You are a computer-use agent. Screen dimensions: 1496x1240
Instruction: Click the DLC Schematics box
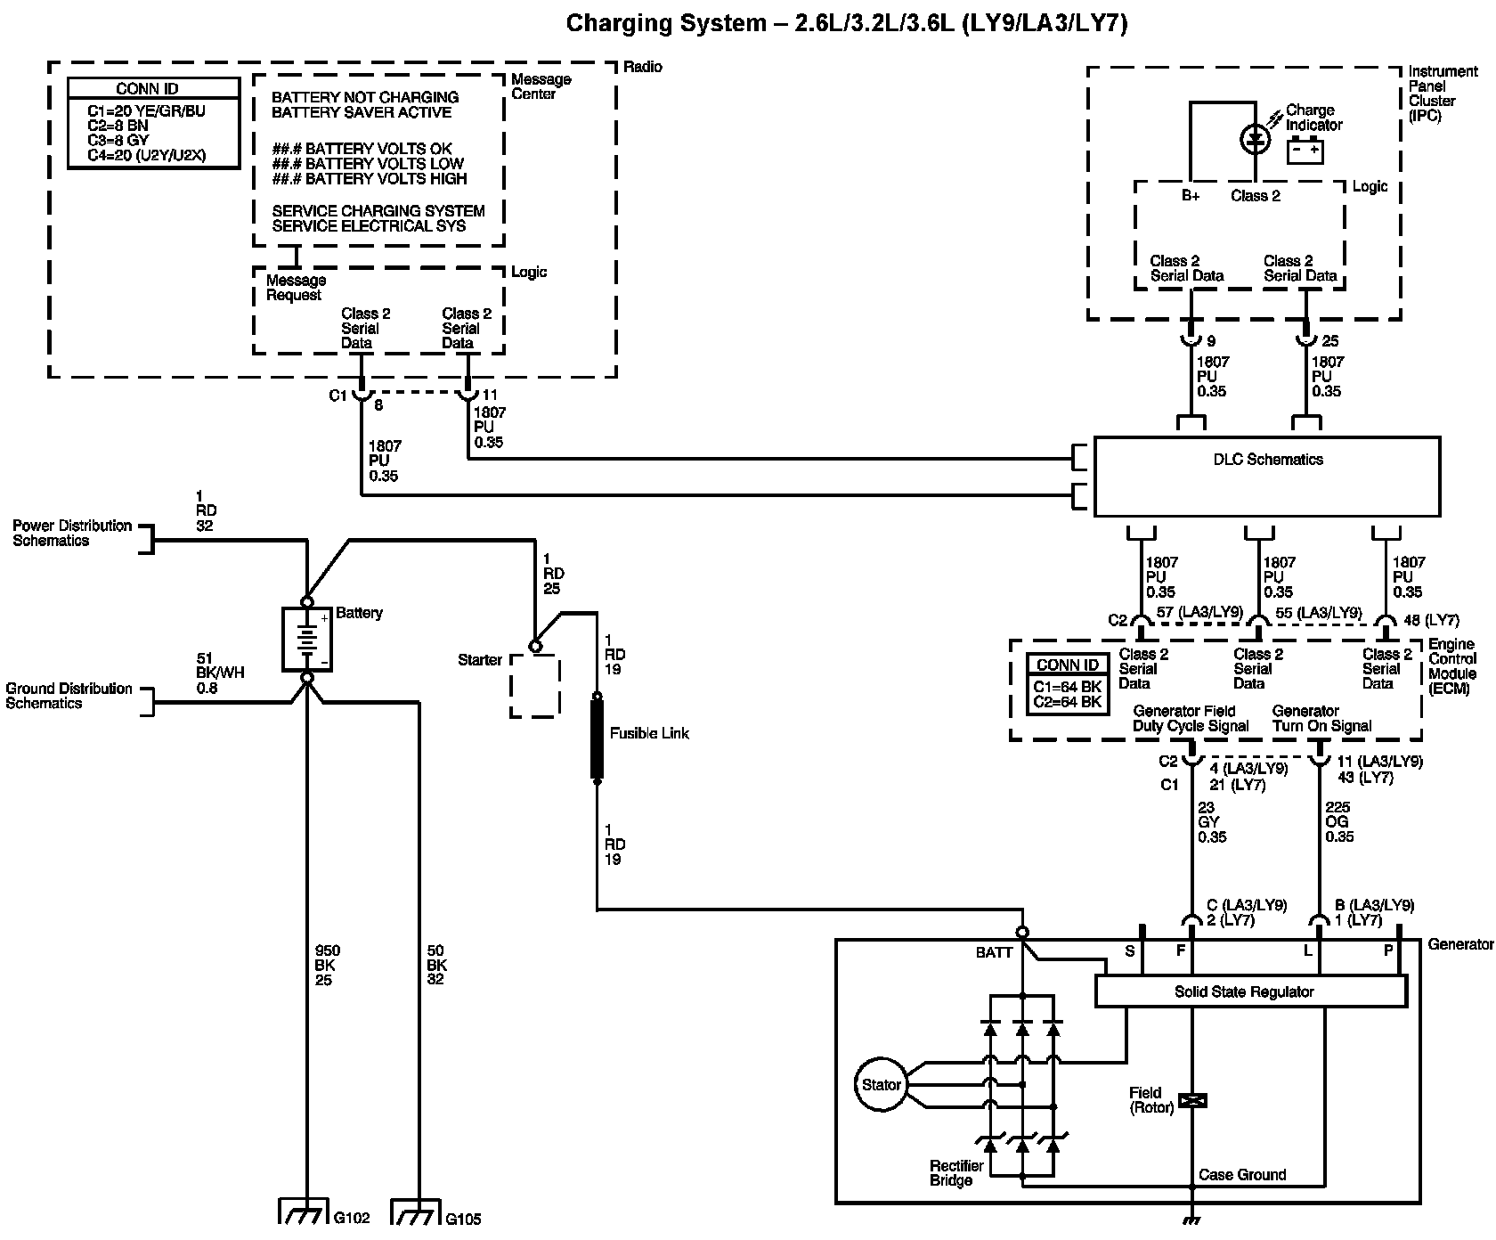1266,477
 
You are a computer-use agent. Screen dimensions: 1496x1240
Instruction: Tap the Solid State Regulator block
1250,991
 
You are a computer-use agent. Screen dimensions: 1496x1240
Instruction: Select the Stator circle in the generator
882,1084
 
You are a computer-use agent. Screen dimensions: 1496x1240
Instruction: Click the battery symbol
307,639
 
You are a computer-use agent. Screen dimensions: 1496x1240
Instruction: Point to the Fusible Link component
597,739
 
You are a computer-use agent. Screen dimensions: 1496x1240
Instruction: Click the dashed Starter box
534,686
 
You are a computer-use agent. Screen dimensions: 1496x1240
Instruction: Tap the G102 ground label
352,1218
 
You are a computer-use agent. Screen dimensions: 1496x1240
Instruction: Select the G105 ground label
463,1219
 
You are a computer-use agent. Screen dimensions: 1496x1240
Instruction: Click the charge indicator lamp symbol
1256,138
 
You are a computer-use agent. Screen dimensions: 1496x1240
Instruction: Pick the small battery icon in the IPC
1305,151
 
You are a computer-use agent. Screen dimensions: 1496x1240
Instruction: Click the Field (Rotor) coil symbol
1191,1101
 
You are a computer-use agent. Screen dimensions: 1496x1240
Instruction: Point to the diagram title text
847,23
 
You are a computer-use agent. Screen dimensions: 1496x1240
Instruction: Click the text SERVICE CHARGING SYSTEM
378,211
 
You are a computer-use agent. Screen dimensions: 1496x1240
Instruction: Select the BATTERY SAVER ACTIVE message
362,112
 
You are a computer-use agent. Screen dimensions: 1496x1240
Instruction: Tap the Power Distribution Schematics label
72,533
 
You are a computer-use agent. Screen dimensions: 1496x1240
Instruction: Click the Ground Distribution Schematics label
69,696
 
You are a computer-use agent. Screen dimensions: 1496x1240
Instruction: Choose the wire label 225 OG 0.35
1339,822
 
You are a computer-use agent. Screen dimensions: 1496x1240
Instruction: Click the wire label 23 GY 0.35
1212,822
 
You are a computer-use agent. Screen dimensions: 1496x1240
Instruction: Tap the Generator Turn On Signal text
1321,718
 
